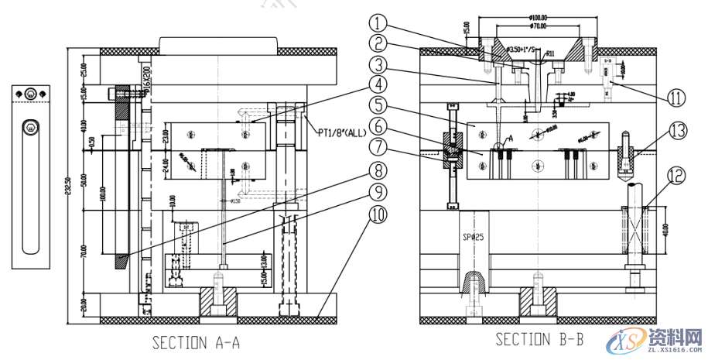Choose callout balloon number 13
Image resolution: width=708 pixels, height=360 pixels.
(x=677, y=132)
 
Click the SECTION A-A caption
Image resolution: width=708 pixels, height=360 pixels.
(x=196, y=342)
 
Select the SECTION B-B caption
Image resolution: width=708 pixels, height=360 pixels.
(x=539, y=339)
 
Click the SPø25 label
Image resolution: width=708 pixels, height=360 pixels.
(x=473, y=237)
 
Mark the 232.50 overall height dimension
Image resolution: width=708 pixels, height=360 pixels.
(x=71, y=183)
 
